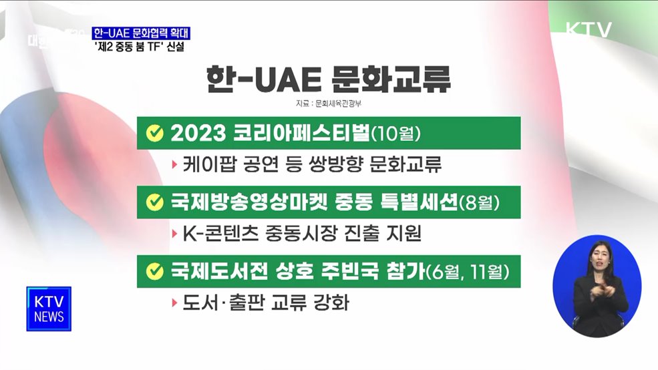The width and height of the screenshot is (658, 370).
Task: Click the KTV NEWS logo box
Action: click(x=49, y=309)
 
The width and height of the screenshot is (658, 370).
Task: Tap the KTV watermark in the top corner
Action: click(x=589, y=30)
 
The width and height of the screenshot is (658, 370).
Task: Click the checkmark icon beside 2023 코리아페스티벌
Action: click(x=155, y=134)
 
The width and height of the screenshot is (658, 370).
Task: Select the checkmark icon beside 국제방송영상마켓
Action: click(x=155, y=200)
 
